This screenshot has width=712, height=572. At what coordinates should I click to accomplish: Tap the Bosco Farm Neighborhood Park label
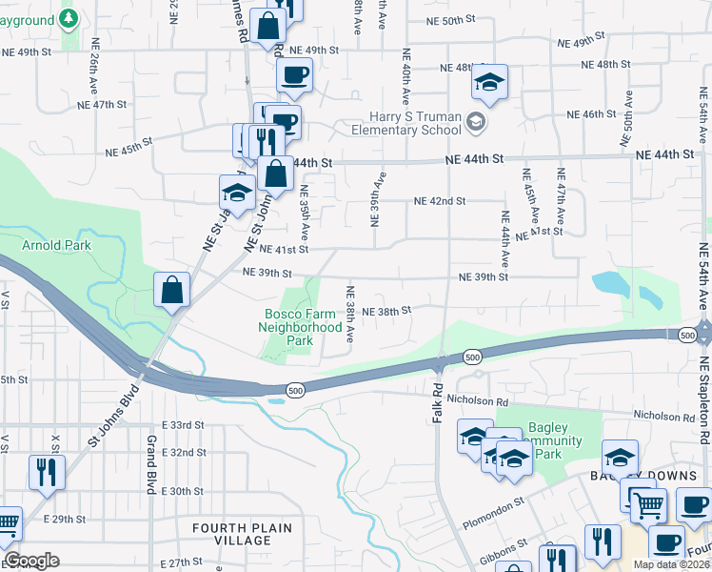300,327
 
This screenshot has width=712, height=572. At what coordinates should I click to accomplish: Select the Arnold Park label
57,245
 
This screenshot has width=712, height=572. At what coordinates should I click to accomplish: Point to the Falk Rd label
438,400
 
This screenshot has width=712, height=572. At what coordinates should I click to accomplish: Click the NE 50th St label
445,20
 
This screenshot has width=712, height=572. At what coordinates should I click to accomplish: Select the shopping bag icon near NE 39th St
171,289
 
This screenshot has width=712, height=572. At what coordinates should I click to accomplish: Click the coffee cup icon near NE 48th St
294,74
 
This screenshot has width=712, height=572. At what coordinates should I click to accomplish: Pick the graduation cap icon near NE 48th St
489,83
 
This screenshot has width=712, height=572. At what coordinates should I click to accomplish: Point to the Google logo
32,561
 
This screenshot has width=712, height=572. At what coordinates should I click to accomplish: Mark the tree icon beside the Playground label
68,18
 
